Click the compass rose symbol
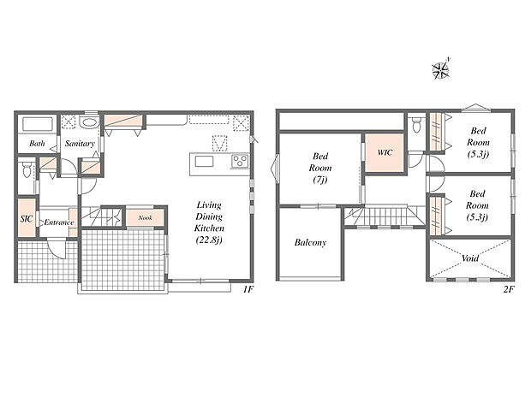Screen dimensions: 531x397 (x=441, y=69)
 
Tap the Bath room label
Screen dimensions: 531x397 (x=37, y=144)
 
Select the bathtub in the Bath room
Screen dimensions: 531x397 (x=37, y=124)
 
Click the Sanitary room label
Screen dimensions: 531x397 (x=80, y=144)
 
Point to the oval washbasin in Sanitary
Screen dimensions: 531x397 (x=89, y=122)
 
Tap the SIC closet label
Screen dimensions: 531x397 (x=27, y=219)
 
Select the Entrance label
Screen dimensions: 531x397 (x=59, y=222)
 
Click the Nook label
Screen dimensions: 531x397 (x=146, y=217)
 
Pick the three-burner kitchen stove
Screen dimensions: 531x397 (x=241, y=161)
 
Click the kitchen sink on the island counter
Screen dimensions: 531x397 (x=204, y=162)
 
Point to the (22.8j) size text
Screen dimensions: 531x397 (x=209, y=240)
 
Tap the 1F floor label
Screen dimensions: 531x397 (x=248, y=289)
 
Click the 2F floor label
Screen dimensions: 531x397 (x=509, y=289)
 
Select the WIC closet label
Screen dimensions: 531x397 (x=385, y=152)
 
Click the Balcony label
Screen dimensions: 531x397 (x=310, y=242)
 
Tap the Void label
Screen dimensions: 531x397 (x=470, y=258)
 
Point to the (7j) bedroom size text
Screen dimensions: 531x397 (x=319, y=180)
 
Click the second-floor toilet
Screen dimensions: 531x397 (x=416, y=125)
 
